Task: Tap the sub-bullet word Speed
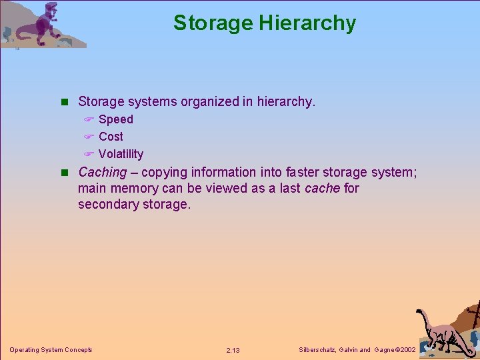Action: [116, 119]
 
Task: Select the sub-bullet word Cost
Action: [111, 137]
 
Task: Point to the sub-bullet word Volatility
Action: [121, 154]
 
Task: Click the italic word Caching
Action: [102, 172]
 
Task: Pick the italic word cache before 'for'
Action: [322, 188]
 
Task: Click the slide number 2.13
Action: [233, 351]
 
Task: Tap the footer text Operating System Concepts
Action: [51, 350]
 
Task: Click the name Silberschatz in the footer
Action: [317, 350]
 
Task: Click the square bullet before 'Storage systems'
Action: [65, 102]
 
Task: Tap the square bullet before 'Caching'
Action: [65, 173]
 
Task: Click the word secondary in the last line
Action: [109, 205]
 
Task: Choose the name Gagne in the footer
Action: [383, 350]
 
